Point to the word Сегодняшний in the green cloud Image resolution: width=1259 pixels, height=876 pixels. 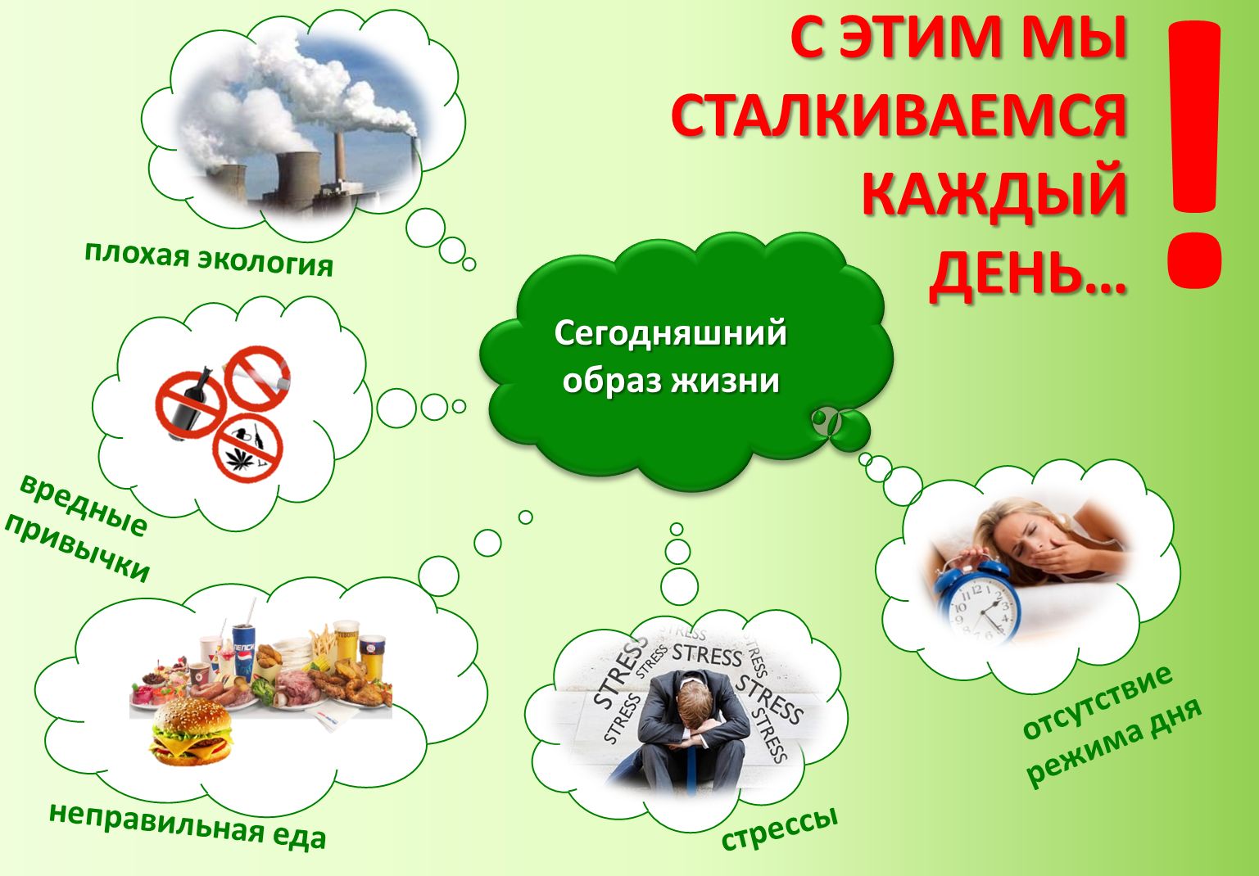pos(670,334)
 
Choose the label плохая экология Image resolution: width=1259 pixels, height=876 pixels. pos(209,260)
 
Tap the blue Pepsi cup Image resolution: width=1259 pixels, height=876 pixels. pos(244,647)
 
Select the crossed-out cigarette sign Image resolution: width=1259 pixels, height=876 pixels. pos(257,378)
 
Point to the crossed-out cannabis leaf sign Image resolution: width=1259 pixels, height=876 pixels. pos(247,448)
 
